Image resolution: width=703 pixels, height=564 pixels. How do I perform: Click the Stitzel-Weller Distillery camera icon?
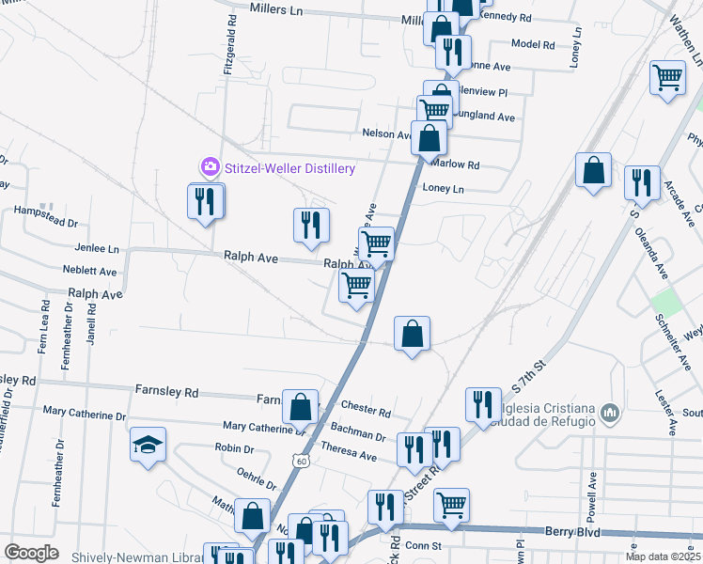click(x=209, y=167)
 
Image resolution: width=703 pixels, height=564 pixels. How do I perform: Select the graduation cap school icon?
click(x=148, y=445)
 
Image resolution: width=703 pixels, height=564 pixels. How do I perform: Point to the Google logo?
click(x=31, y=553)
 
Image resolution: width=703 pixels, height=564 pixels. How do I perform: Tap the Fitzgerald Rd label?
click(x=228, y=57)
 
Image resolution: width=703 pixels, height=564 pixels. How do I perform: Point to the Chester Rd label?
click(x=367, y=412)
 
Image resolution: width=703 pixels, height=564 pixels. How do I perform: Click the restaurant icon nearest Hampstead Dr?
click(x=205, y=199)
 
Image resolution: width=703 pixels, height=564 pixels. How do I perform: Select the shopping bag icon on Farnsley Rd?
click(x=300, y=408)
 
